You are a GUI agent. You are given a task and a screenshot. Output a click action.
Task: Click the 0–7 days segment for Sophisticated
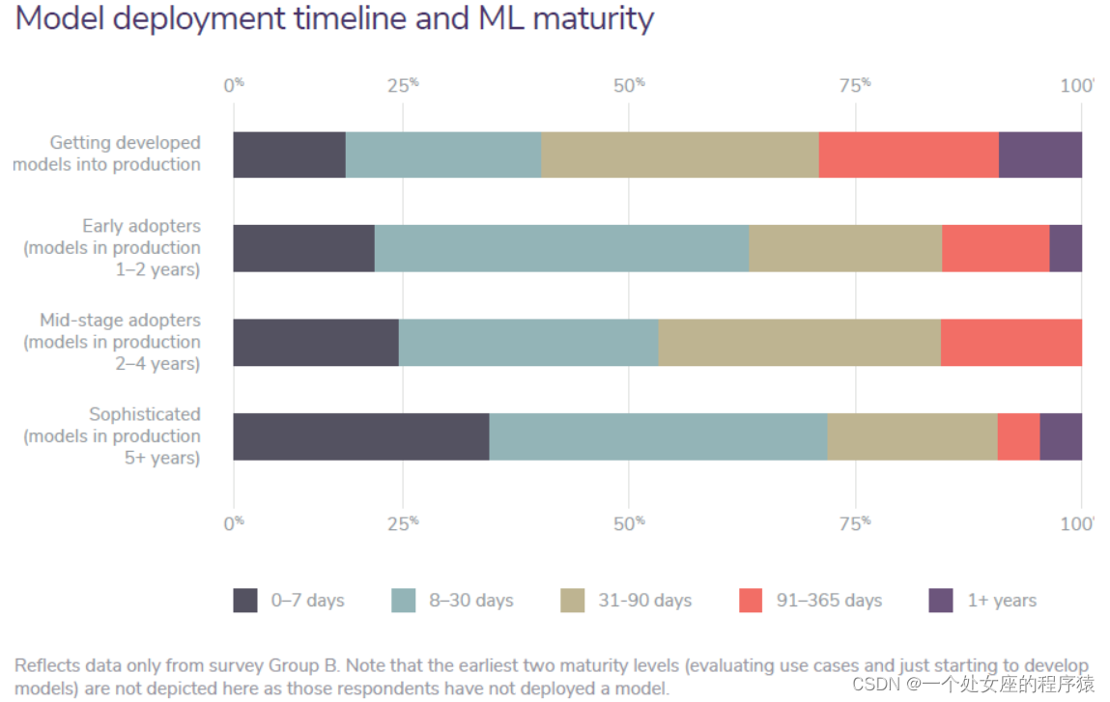(361, 436)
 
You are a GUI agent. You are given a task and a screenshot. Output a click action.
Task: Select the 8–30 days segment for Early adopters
(561, 248)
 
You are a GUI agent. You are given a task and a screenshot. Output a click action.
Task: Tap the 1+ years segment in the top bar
(1039, 154)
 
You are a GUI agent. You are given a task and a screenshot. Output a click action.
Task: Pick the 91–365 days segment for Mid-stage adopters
(1010, 342)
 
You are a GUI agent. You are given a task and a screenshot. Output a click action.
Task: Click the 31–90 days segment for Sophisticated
(912, 436)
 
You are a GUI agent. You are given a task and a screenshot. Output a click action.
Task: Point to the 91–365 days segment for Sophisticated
(1018, 436)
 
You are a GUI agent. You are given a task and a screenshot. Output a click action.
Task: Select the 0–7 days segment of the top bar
(289, 154)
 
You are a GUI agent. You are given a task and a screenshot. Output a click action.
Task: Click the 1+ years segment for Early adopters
(1065, 248)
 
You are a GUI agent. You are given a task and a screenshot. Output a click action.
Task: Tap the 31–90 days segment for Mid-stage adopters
(799, 342)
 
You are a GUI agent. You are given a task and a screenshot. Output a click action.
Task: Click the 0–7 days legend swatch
(245, 600)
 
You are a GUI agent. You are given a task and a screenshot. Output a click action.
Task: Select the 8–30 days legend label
(471, 601)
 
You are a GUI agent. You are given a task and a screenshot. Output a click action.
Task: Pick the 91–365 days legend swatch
(752, 600)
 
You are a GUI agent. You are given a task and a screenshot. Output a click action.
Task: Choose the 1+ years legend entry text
(1002, 601)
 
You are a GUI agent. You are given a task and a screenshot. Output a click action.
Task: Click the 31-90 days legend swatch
(573, 600)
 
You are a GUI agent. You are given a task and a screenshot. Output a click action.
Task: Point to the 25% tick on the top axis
(403, 85)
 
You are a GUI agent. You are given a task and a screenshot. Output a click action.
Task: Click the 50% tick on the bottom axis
(628, 522)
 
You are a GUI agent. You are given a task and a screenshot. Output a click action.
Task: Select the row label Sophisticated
(145, 414)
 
